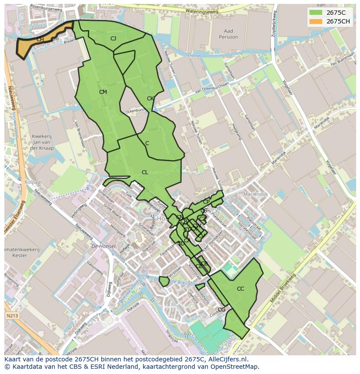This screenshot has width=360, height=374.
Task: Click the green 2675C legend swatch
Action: pos(316,13)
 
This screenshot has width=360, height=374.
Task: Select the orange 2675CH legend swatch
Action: pos(316,21)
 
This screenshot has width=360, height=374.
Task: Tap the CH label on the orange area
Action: pos(40,40)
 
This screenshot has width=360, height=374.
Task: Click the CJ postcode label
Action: pos(113,39)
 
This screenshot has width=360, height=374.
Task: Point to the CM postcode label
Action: pos(103,92)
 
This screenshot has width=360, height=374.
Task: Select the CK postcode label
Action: pos(150,99)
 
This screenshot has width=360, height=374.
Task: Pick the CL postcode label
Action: pos(145,172)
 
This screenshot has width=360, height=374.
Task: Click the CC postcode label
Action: pos(240,289)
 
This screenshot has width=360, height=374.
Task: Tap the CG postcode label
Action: pos(222,310)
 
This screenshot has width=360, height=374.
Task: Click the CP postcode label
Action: pos(206,202)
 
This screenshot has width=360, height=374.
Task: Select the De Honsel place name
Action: pos(103,246)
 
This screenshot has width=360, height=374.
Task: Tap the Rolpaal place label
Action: pos(33,182)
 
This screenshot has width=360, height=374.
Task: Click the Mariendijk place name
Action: pos(256,194)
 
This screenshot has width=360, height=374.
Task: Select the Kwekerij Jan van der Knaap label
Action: pos(42,142)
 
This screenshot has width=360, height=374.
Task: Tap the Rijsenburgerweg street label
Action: pos(46,7)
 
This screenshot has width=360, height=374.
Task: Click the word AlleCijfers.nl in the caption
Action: pos(227,359)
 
